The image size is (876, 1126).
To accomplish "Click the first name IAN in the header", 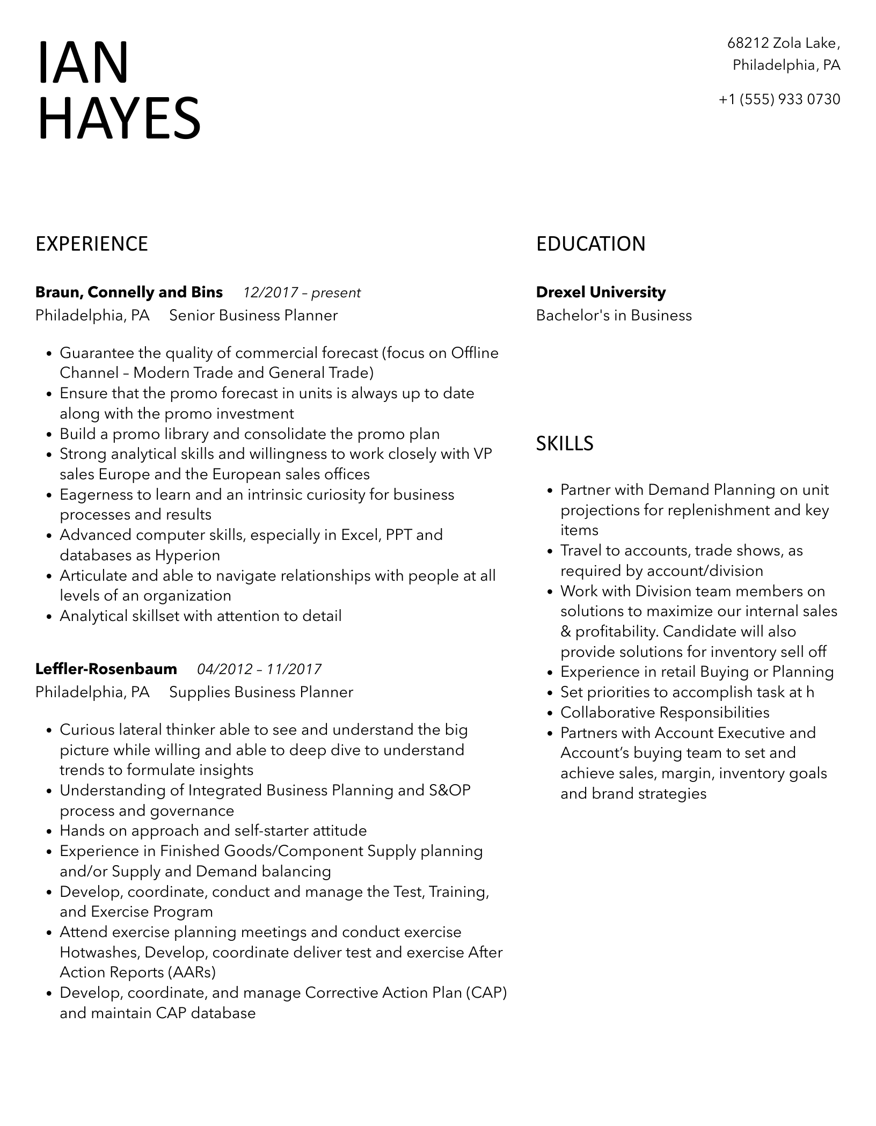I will (x=83, y=63).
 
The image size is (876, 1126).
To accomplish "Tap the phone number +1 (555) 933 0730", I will (x=779, y=99).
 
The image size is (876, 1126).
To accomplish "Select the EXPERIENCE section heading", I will (x=92, y=244).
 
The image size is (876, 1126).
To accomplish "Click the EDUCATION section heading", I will (x=590, y=244).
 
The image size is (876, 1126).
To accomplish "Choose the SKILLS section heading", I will (x=565, y=444).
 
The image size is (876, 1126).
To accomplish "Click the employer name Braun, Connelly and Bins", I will (x=129, y=293).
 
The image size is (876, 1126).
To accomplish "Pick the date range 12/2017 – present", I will (x=302, y=293).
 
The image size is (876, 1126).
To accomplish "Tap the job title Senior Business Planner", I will (x=253, y=316).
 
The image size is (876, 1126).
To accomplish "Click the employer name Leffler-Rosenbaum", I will (x=106, y=669).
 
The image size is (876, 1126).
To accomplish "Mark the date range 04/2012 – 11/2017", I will (x=259, y=670).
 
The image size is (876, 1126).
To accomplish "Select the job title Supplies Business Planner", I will (x=261, y=692).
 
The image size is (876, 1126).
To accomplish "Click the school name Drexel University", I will (x=601, y=293).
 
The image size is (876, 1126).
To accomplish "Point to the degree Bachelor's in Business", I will (x=614, y=316).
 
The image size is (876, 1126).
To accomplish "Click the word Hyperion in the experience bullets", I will (x=188, y=555).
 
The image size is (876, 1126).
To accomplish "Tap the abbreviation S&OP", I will (x=450, y=791).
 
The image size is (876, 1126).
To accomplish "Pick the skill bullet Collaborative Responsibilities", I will (x=665, y=713).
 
